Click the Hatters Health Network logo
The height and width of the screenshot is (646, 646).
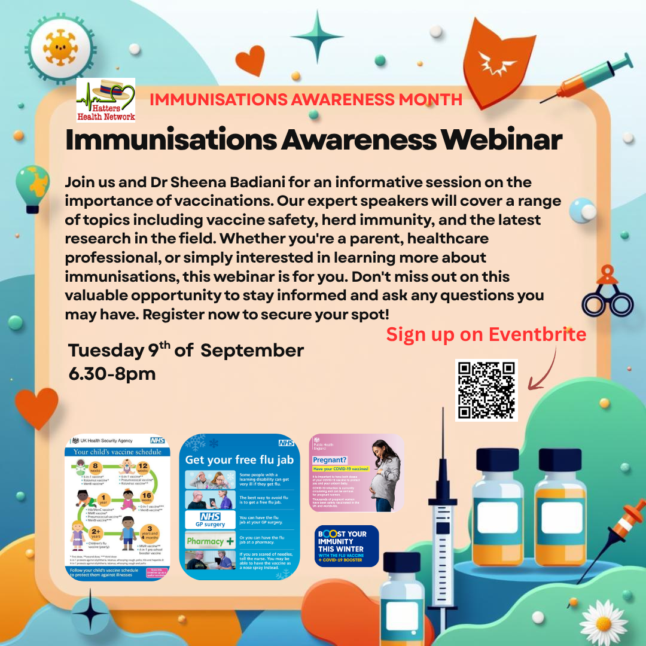point(106,100)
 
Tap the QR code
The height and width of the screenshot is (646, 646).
point(486,390)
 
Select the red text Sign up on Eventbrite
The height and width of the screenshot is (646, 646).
point(486,334)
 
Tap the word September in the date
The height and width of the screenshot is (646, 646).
point(252,351)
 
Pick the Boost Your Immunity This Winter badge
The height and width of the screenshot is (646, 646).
point(346,546)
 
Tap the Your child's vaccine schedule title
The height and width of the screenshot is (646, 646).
point(117,452)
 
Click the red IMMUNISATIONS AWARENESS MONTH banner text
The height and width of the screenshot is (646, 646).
point(306,99)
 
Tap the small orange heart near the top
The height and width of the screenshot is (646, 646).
point(249,60)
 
